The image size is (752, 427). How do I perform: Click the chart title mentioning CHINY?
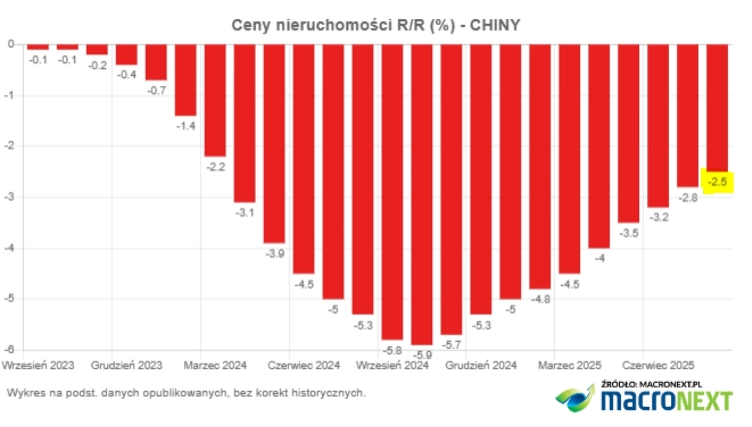point(375,25)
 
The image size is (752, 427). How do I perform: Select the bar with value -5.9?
point(421,193)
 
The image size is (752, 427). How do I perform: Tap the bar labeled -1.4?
point(186,79)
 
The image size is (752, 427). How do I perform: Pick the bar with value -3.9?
point(274,144)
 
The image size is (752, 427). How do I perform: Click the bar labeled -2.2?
point(215,100)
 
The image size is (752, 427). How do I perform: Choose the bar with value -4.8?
point(540,166)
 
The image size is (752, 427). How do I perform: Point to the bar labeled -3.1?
point(244,123)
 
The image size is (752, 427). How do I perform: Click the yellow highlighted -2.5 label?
point(717,182)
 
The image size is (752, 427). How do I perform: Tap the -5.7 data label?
point(451,345)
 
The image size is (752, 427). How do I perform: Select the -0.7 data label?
point(156,90)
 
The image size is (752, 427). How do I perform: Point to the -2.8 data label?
point(688,198)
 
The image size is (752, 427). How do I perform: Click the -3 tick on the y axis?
point(9,197)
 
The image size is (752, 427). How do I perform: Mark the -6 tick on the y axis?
point(9,350)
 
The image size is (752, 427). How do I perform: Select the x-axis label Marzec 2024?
point(215,365)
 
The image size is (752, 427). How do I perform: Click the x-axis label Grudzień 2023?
point(127,365)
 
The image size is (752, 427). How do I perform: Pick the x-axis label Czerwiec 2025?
point(658,365)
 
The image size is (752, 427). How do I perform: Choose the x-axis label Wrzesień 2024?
point(392,365)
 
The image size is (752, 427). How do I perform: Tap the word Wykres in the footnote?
point(21,393)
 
